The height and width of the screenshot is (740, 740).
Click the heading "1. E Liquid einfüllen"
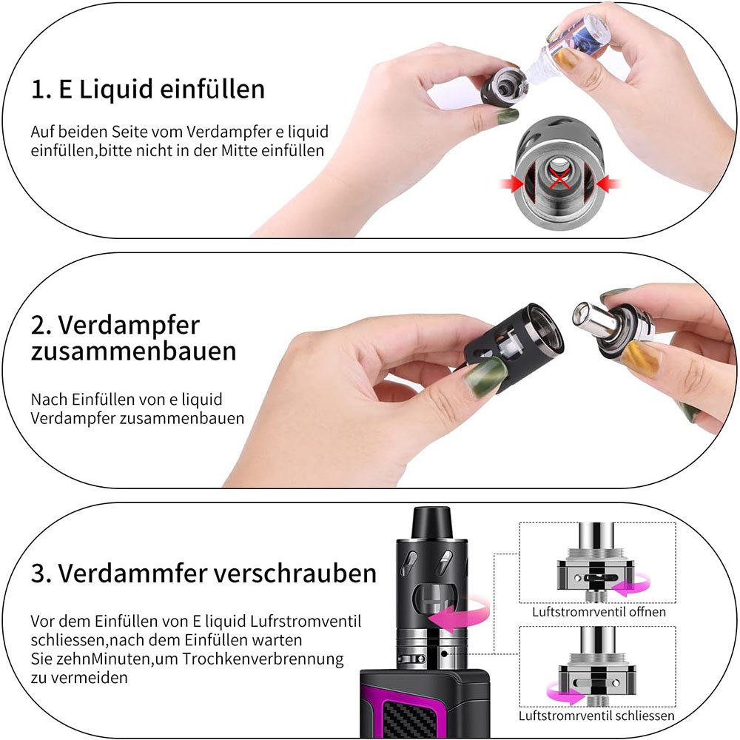pos(148,90)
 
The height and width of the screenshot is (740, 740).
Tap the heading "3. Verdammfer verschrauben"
pos(203,573)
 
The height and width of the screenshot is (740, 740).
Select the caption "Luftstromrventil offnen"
pos(599,612)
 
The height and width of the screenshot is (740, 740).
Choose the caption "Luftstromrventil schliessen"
pos(596,716)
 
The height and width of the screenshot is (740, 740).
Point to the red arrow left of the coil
pos(511,183)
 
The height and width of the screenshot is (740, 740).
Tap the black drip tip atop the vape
pos(431,522)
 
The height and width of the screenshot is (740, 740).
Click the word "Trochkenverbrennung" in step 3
pos(263,659)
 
